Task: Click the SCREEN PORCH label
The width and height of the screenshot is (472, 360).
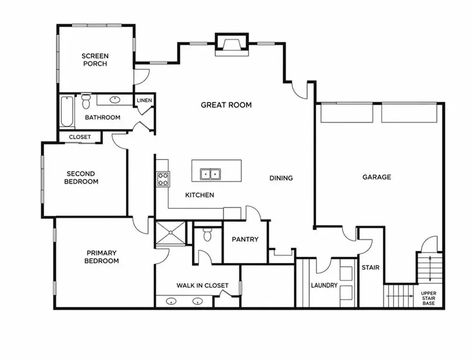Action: coord(94,60)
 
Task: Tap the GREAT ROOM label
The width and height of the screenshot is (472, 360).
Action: coord(226,105)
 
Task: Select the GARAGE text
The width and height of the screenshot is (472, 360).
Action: coord(377,177)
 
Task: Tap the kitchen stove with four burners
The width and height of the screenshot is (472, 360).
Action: coord(163,179)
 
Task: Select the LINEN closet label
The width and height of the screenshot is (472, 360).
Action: coord(144,100)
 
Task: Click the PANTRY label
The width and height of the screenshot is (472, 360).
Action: coord(245,239)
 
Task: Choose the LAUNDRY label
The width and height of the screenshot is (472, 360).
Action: coord(323,285)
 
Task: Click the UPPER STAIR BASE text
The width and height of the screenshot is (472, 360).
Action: coord(428,298)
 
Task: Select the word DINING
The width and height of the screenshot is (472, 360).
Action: coord(281,178)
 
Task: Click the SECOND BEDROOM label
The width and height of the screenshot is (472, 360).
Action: coord(81,178)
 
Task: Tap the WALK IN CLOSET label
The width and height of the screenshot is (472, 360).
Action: coord(202,285)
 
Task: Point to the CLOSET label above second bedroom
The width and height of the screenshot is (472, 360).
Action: coord(80,137)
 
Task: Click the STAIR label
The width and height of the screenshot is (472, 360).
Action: coord(370,268)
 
